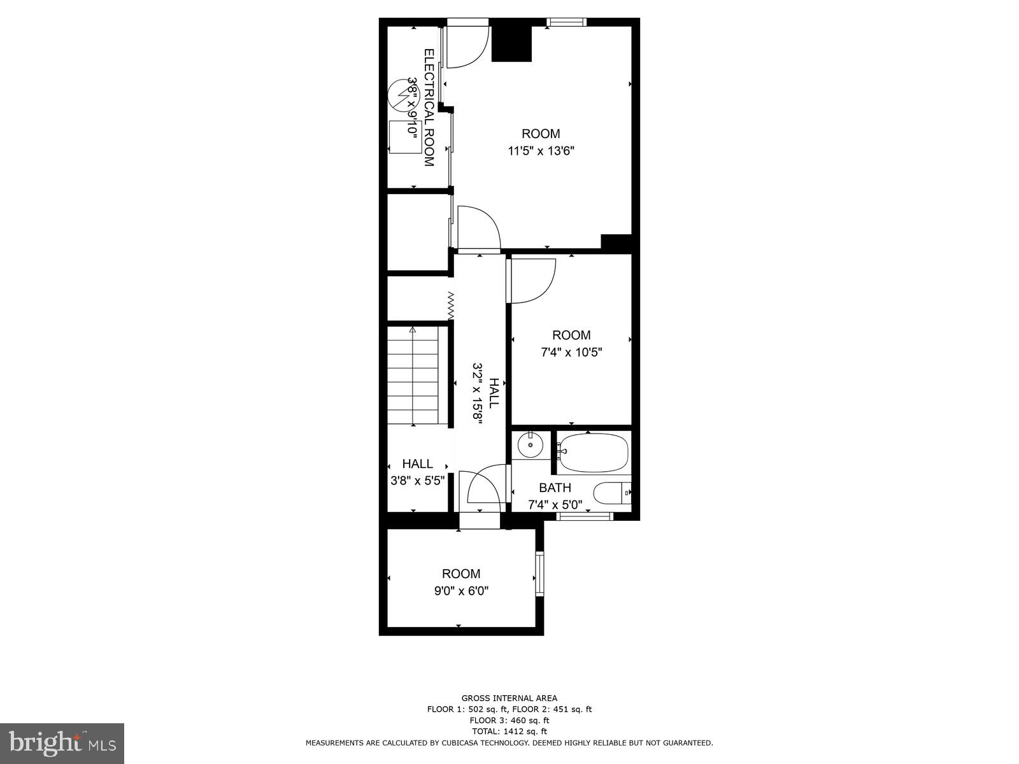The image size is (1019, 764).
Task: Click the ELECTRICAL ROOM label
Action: pos(429,108)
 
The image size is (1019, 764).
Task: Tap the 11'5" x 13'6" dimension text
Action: pos(541,151)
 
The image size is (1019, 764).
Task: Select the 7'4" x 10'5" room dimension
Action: pos(571,352)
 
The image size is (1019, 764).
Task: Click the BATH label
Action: pos(555,488)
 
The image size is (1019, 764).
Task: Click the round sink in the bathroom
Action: pos(529,445)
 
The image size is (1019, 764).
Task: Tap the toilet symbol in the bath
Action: pos(611,493)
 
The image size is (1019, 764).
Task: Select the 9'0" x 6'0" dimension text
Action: pos(461,591)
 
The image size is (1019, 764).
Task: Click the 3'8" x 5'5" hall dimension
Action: pos(417,481)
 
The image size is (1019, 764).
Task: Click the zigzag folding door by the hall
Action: pos(451,306)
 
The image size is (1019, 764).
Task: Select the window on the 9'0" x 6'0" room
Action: pos(539,574)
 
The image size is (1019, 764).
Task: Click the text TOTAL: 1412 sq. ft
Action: pos(509,732)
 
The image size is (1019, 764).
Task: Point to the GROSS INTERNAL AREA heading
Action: pos(509,698)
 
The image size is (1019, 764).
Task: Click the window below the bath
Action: pos(584,516)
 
